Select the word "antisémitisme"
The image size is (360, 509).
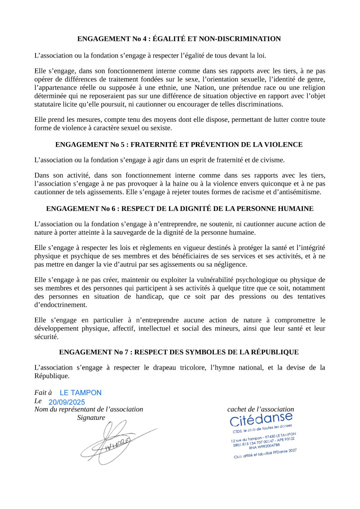click(300, 192)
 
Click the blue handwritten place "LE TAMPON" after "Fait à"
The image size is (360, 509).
click(81, 393)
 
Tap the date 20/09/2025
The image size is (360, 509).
click(67, 402)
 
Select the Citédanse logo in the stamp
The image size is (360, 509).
click(261, 420)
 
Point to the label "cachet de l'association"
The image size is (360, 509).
click(261, 410)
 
